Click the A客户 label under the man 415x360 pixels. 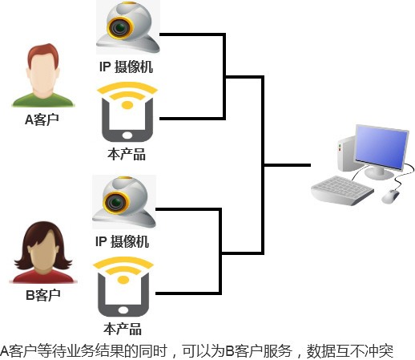[x=42, y=119]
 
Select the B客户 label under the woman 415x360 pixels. [x=43, y=295]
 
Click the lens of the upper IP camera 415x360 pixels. [x=120, y=27]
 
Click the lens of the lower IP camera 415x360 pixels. [x=116, y=202]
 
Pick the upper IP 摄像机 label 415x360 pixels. [x=126, y=67]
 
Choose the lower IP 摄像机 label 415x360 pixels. [x=122, y=241]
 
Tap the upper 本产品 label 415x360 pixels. [x=127, y=154]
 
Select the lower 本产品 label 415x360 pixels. [x=123, y=329]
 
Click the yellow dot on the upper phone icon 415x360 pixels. [x=127, y=105]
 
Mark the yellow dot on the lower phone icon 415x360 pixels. [x=123, y=280]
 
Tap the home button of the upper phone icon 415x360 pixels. [x=127, y=135]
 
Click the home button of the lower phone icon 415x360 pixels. [x=123, y=310]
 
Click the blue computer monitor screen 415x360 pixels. [x=381, y=148]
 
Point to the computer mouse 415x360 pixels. [x=391, y=196]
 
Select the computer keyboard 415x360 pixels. [x=342, y=190]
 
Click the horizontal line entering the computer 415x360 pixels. [x=288, y=165]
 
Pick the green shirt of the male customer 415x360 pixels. [x=43, y=100]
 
